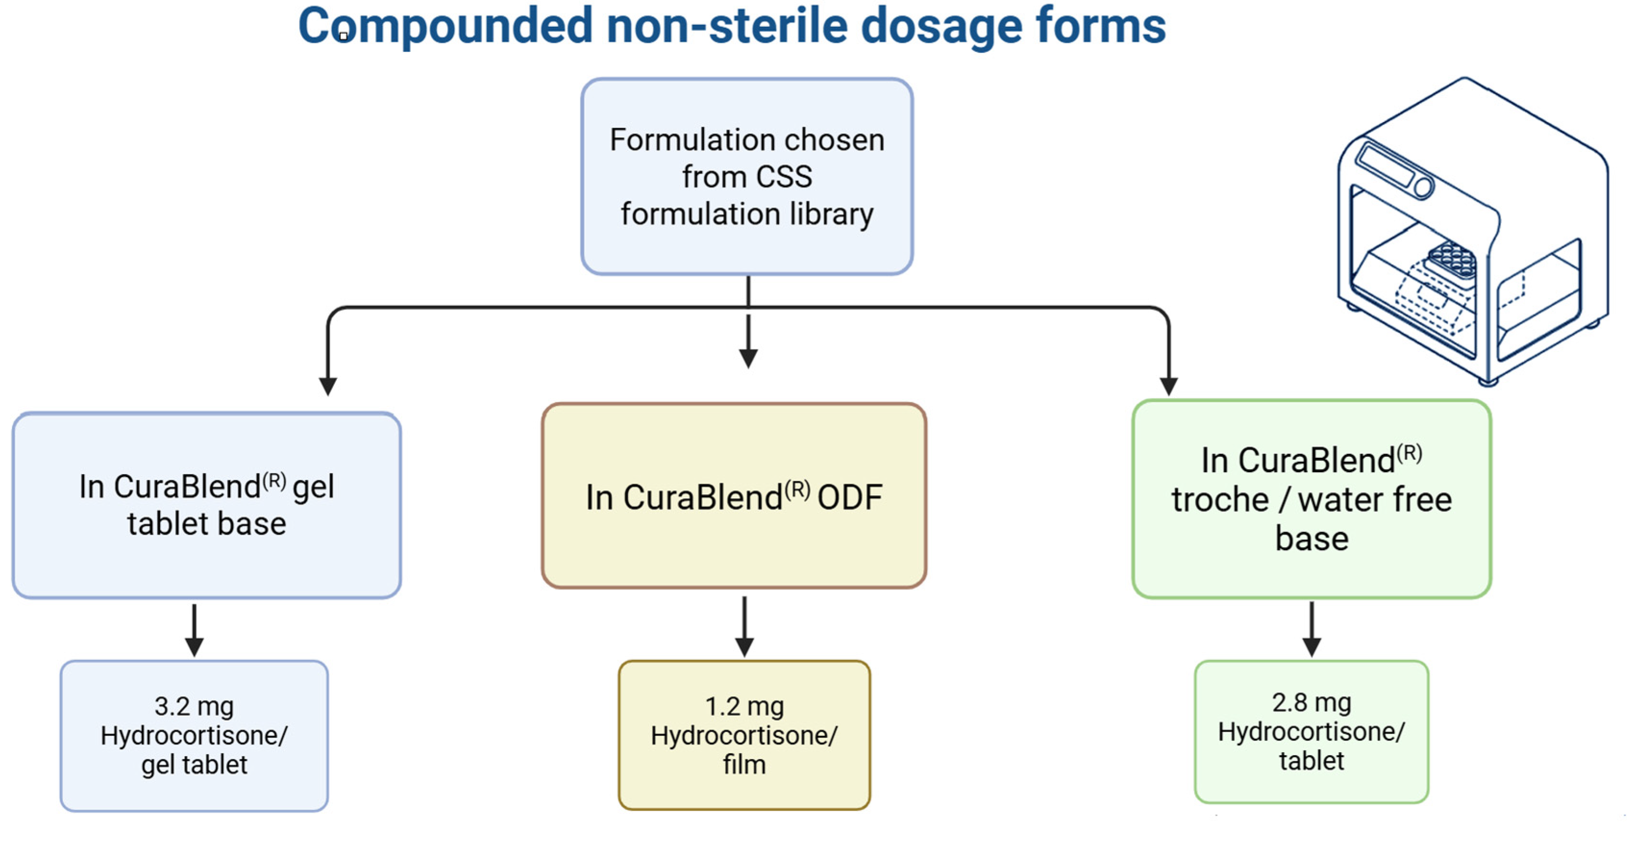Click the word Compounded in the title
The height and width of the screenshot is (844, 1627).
click(444, 26)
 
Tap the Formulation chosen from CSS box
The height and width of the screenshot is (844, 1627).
click(747, 177)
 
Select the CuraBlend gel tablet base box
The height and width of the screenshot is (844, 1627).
click(207, 505)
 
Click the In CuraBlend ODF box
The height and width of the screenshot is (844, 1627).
click(734, 496)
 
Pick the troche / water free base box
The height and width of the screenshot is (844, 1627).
click(1312, 499)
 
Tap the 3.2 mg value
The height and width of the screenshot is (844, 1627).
click(194, 707)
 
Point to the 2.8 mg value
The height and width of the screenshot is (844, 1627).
click(1311, 703)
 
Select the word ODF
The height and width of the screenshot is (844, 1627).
click(850, 498)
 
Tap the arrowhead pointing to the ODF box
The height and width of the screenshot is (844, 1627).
click(748, 358)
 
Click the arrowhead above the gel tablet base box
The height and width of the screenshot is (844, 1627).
click(327, 386)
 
